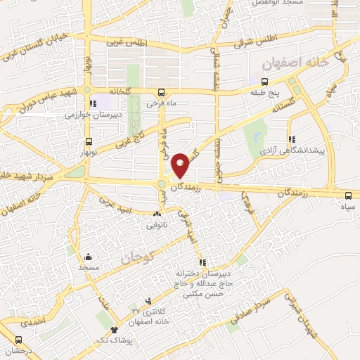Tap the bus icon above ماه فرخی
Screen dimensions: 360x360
point(162,92)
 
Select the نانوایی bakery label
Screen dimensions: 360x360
point(157,226)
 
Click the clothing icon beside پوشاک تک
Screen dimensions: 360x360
point(114,329)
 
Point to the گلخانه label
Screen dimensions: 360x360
point(120,92)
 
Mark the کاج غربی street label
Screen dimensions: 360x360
point(129,135)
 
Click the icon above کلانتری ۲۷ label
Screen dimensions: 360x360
point(148,300)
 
